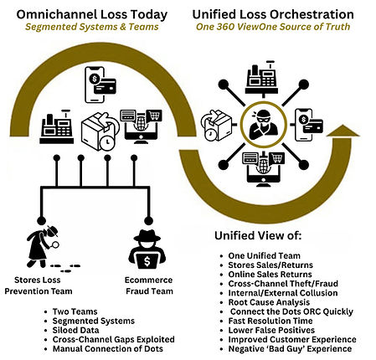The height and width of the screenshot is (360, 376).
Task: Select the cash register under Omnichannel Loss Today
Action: coord(55,130)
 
